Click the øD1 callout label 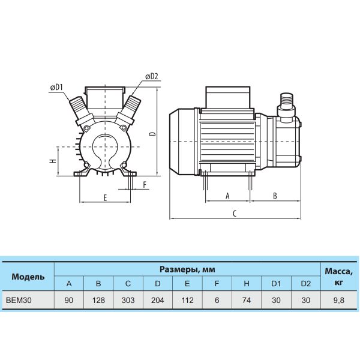pyautogui.click(x=56, y=88)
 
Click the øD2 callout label pyautogui.click(x=152, y=76)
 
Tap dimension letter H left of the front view pyautogui.click(x=53, y=161)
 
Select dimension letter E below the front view pyautogui.click(x=105, y=197)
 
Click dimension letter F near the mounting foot pyautogui.click(x=145, y=185)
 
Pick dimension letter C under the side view pyautogui.click(x=235, y=214)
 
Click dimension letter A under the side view pyautogui.click(x=227, y=196)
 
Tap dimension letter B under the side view pyautogui.click(x=275, y=196)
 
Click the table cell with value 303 pyautogui.click(x=128, y=300)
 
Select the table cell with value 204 pyautogui.click(x=157, y=300)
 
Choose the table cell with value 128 pyautogui.click(x=98, y=300)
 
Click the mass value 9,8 pyautogui.click(x=338, y=300)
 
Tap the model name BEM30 pyautogui.click(x=19, y=300)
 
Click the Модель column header pyautogui.click(x=28, y=277)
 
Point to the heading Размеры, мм pyautogui.click(x=187, y=269)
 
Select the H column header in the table pyautogui.click(x=247, y=284)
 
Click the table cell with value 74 pyautogui.click(x=247, y=300)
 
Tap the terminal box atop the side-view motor pyautogui.click(x=228, y=97)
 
